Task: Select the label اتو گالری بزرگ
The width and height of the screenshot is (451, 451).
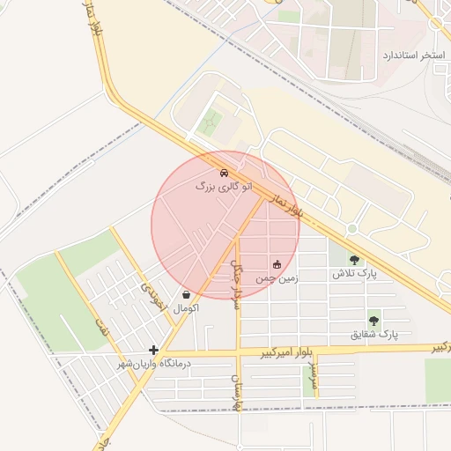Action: (x=224, y=187)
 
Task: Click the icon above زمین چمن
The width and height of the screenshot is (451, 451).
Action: (x=277, y=263)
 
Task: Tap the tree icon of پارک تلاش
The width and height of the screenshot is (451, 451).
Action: (x=354, y=260)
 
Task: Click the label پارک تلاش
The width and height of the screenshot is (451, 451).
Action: (x=354, y=274)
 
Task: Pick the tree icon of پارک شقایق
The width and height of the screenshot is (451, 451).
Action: (x=374, y=321)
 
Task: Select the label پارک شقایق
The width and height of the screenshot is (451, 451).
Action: (x=375, y=335)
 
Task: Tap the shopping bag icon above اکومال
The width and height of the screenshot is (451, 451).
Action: (x=186, y=294)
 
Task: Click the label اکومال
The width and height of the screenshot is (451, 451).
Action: (x=187, y=308)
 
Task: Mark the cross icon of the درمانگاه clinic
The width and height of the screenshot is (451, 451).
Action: (x=154, y=350)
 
